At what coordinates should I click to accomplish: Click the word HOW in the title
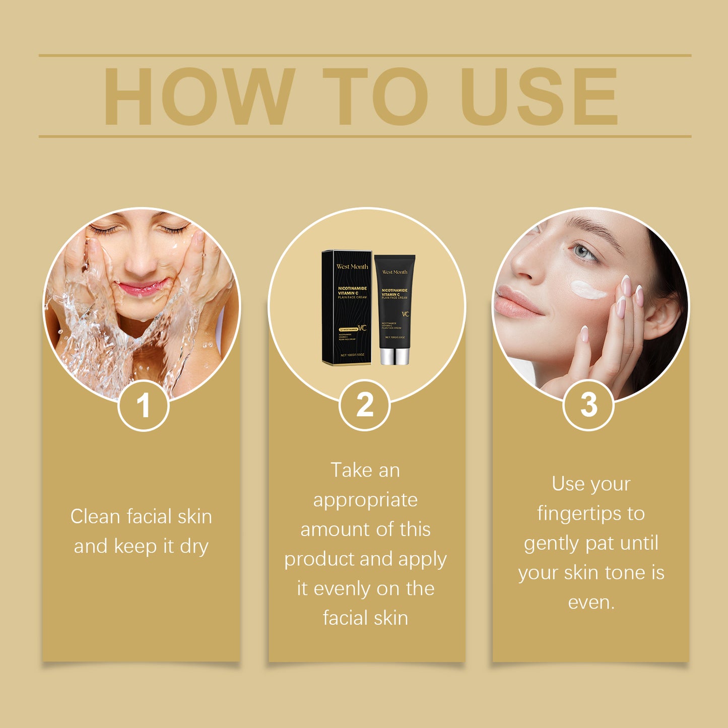[x=199, y=96]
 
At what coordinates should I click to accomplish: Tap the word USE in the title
[x=539, y=96]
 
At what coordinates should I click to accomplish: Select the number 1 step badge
[x=144, y=406]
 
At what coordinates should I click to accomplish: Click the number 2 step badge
[x=365, y=405]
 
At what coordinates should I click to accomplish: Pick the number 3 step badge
[x=588, y=405]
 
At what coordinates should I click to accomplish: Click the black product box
[x=347, y=307]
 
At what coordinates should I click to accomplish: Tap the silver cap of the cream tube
[x=394, y=356]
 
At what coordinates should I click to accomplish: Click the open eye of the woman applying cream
[x=584, y=251]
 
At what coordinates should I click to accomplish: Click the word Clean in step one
[x=95, y=516]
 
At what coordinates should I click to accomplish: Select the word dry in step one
[x=194, y=547]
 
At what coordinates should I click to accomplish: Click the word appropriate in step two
[x=365, y=500]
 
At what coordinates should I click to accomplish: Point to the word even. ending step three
[x=591, y=602]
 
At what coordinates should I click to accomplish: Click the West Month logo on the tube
[x=394, y=272]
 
